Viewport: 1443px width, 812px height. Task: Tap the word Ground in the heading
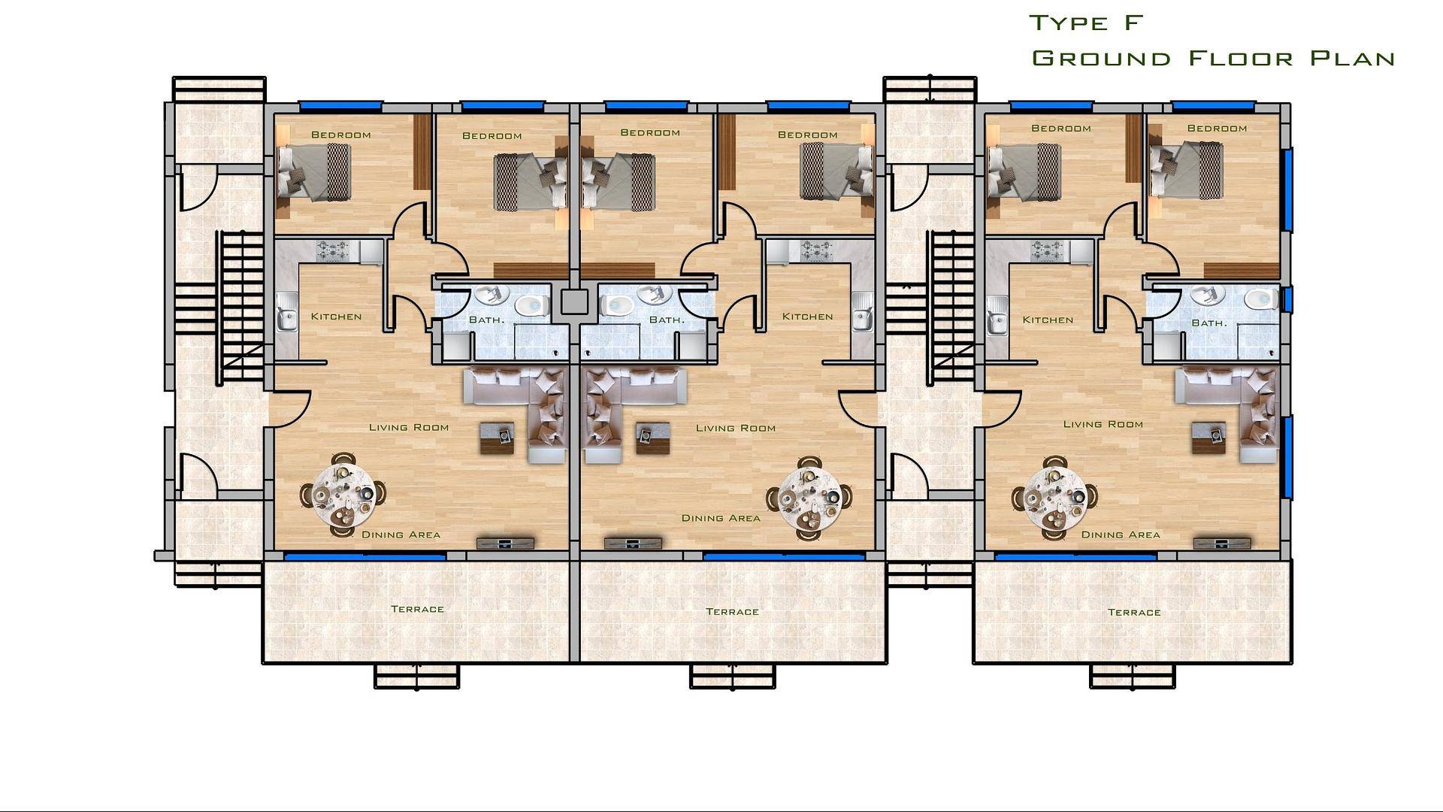tap(1102, 58)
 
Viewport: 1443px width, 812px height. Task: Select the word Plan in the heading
tap(1352, 58)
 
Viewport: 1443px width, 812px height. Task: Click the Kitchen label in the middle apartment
tap(807, 317)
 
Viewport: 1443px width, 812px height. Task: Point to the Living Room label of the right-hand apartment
tap(1103, 424)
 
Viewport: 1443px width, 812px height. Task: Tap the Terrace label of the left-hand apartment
tap(417, 609)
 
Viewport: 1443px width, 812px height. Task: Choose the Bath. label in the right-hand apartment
tap(1209, 323)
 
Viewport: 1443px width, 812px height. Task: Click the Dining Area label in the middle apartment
tap(721, 518)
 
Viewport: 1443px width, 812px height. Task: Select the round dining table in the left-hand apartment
tap(343, 495)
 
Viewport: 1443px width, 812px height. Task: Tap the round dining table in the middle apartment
tap(809, 498)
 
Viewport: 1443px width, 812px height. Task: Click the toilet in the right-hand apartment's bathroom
tap(1260, 299)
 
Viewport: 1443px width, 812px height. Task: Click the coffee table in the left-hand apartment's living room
tap(498, 438)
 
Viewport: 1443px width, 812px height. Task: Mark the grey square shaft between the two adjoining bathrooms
tap(574, 302)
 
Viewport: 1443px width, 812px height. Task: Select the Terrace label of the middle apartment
tap(732, 612)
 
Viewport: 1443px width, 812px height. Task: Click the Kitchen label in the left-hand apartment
tap(336, 317)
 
